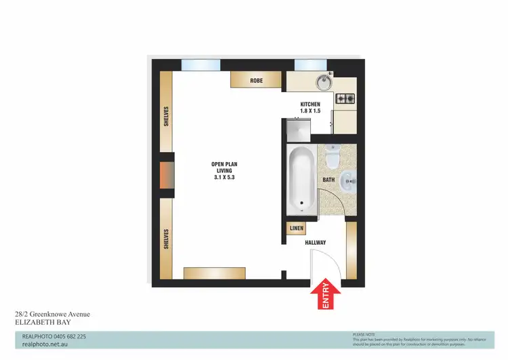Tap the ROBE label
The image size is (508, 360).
[256, 81]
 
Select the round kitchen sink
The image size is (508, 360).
[323, 83]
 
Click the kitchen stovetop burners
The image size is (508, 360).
[345, 99]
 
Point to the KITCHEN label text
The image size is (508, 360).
[310, 104]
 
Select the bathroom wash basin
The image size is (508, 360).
[347, 180]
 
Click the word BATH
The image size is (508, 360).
[329, 180]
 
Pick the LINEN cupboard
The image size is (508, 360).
[295, 229]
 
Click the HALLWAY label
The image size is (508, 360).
[314, 243]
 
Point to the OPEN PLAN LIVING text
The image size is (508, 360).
[224, 170]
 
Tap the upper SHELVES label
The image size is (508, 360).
[166, 117]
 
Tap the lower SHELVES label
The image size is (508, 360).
[166, 239]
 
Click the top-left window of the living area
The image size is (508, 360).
[200, 65]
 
